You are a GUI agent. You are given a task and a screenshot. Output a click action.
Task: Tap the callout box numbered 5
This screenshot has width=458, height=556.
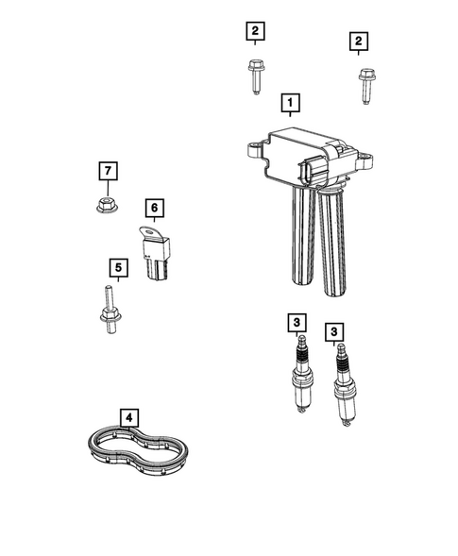117,269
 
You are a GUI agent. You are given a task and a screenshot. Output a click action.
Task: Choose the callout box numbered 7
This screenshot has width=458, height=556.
110,171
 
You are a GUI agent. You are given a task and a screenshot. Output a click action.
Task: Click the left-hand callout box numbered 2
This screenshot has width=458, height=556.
253,32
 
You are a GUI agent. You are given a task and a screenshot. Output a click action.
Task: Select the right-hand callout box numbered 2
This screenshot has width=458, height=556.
358,41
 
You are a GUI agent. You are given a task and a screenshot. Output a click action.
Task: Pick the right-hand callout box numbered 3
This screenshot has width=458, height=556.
333,331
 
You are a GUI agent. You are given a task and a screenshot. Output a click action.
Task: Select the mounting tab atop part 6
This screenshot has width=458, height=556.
145,229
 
